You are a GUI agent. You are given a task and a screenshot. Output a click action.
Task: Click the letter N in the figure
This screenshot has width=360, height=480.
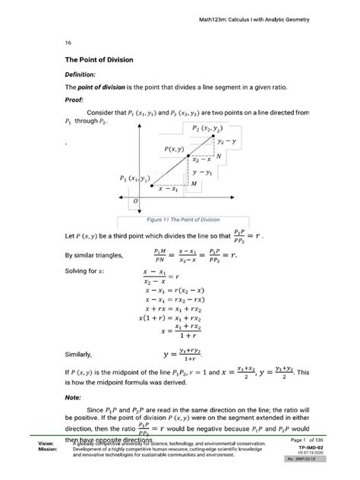point(219,156)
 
